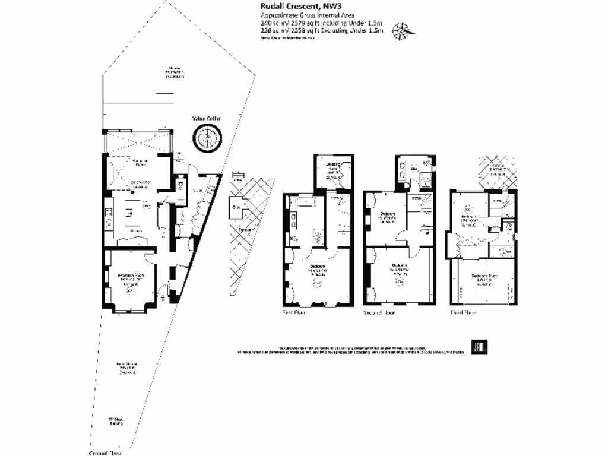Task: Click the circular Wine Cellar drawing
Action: point(206,140)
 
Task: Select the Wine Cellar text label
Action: point(206,119)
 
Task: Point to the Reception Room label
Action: point(131,275)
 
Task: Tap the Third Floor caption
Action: point(464,312)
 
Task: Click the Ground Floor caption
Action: point(106,453)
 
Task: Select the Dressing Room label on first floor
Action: point(331,167)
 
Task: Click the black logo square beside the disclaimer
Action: point(479,349)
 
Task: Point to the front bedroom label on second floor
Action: point(398,268)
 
